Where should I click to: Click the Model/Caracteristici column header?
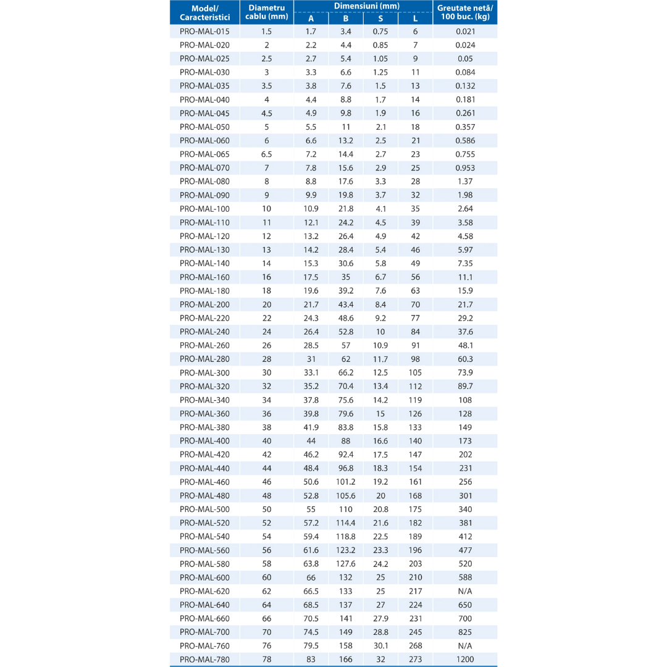(x=204, y=12)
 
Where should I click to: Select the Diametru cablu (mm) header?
(x=267, y=12)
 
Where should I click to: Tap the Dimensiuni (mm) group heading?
(x=363, y=6)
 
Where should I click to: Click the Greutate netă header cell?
(x=465, y=12)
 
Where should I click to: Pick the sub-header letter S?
(x=380, y=19)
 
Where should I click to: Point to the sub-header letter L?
(x=415, y=19)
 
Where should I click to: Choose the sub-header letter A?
(x=311, y=19)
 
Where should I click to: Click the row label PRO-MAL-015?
(x=204, y=31)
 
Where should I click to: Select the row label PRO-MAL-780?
(x=204, y=660)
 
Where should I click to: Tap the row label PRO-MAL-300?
(x=204, y=373)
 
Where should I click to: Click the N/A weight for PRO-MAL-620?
(x=465, y=592)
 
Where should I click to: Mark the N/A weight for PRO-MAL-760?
(x=465, y=646)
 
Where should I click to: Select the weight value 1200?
(x=465, y=660)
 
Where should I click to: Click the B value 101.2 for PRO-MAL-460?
(x=346, y=482)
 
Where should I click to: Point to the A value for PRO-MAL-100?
(x=311, y=209)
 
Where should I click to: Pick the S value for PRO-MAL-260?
(x=380, y=345)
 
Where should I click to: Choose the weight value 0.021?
(x=465, y=31)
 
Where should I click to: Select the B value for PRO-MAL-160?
(x=346, y=277)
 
